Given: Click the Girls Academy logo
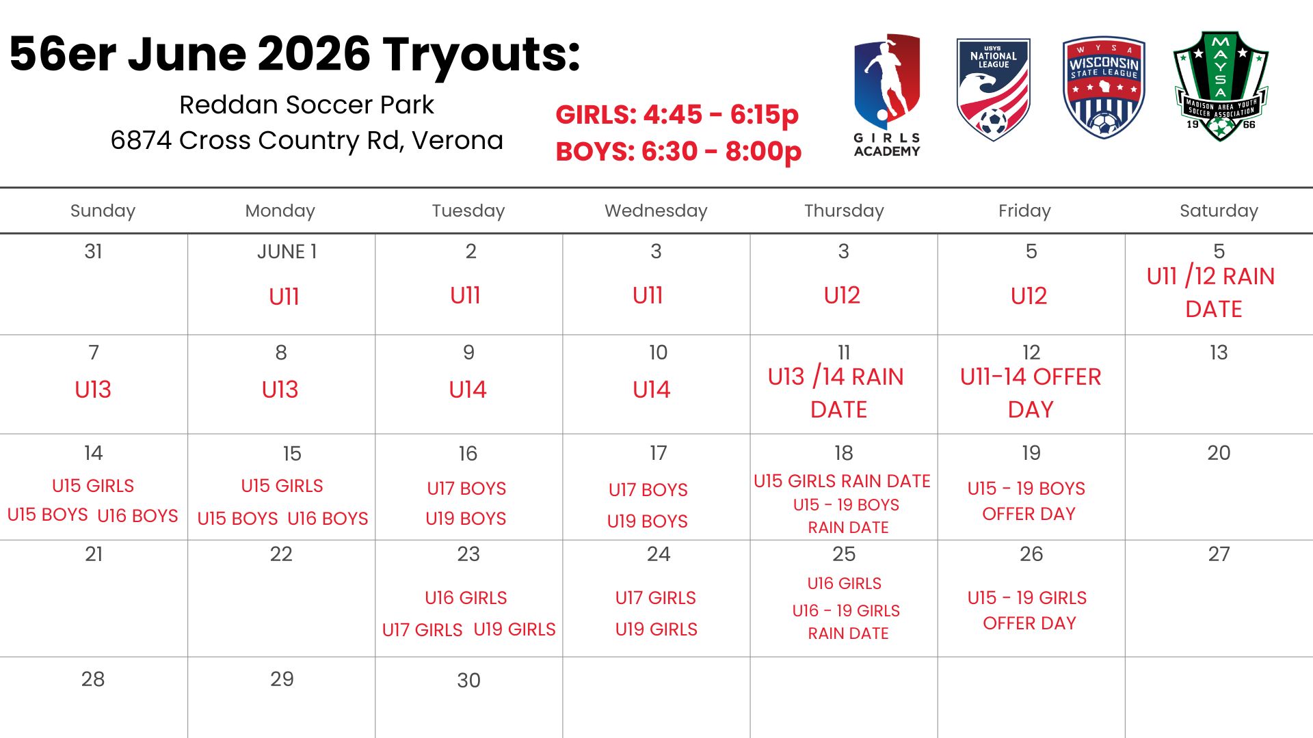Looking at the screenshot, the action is point(887,96).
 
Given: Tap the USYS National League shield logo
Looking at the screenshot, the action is point(993,90).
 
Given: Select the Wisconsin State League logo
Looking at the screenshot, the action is point(1104,88).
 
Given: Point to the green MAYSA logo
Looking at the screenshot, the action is point(1221,86).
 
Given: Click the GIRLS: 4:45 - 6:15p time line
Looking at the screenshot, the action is point(677,115).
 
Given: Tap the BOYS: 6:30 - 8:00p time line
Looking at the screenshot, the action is point(678,151).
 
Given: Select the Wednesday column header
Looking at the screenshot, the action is point(656,210).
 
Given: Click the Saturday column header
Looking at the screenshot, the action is point(1219,210).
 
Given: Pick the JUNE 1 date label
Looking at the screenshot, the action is point(287,251).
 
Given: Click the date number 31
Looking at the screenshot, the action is point(94,251).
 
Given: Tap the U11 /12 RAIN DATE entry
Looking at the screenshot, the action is point(1211,292).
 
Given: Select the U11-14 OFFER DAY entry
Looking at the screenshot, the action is point(1031,393).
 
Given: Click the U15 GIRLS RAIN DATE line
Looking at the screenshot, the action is point(842,481).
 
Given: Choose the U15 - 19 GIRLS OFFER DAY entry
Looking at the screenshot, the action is point(1027,610).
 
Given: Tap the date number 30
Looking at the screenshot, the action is point(468,680).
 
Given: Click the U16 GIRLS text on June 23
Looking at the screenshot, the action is point(466,598).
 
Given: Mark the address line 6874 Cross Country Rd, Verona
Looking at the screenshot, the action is point(307,140).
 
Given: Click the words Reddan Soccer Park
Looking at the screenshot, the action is point(306,105).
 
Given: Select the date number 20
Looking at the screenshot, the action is point(1219,452).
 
